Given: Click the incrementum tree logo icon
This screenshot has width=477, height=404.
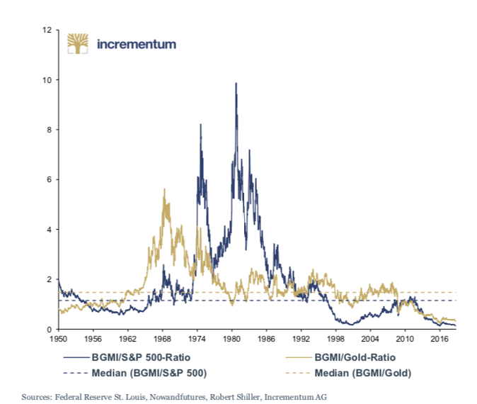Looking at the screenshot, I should click(x=78, y=44).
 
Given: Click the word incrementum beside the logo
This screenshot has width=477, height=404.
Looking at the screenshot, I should click(x=135, y=44).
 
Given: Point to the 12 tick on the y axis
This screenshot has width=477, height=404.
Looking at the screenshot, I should click(x=47, y=30).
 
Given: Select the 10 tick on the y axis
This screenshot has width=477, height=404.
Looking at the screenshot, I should click(x=47, y=80).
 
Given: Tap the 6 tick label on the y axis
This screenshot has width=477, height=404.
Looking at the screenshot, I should click(x=49, y=180).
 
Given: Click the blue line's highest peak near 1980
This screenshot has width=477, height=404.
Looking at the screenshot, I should click(x=236, y=84).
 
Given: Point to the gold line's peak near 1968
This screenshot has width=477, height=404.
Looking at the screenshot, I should click(x=164, y=189).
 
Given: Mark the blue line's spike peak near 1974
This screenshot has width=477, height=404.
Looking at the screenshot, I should click(x=201, y=125).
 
